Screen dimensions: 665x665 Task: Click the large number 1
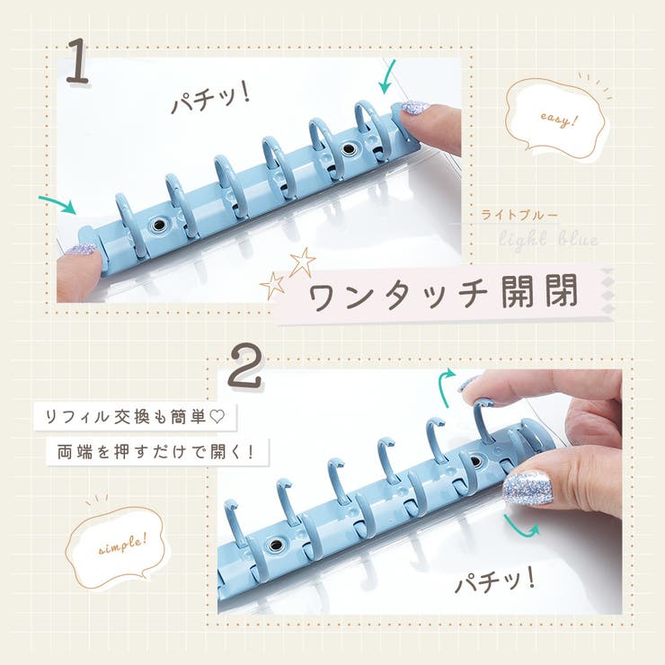(77, 61)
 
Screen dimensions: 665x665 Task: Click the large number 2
(244, 366)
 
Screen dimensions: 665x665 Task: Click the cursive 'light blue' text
(548, 239)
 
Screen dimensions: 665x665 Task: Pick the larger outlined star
(302, 262)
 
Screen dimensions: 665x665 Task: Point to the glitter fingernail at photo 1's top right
(414, 108)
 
